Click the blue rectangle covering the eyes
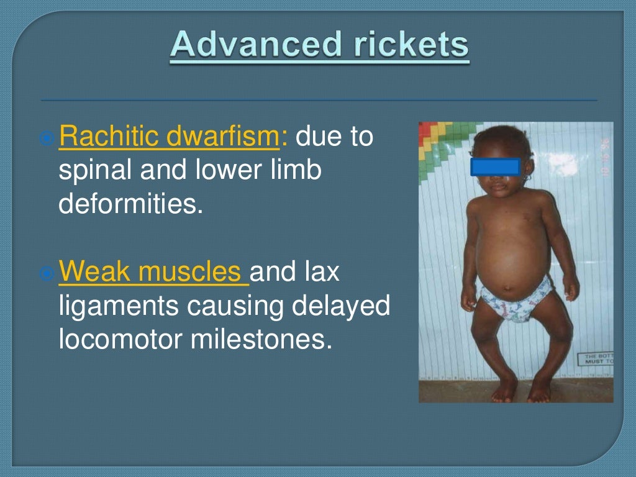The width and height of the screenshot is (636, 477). click(x=496, y=166)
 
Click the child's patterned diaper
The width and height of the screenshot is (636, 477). click(x=516, y=298)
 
